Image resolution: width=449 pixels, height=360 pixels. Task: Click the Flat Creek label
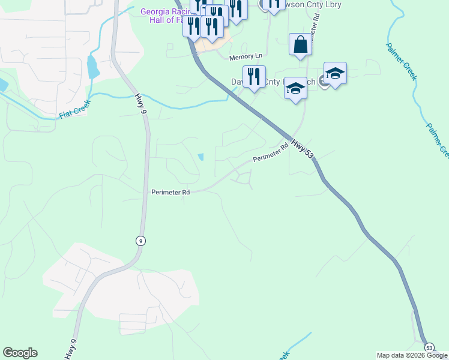(74, 112)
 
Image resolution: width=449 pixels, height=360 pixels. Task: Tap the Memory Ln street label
(246, 56)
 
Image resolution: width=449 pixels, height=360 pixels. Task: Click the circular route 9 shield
(140, 241)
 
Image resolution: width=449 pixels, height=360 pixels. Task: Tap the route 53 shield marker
(429, 347)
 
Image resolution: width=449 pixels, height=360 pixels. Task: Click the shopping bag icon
(300, 45)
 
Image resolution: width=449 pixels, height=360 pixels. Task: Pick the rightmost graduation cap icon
(335, 74)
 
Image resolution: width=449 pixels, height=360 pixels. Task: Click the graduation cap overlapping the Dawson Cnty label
(295, 89)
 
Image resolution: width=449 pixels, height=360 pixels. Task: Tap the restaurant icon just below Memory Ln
(255, 77)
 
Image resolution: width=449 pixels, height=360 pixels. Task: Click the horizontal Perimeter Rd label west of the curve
(170, 193)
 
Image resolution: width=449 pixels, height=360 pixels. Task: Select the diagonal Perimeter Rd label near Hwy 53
(271, 155)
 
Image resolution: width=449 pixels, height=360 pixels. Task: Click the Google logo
(20, 353)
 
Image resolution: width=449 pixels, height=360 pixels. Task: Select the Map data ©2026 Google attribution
(412, 355)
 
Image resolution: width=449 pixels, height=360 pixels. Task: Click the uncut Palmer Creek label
(401, 61)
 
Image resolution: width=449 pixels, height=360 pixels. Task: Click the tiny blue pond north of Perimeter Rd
(200, 157)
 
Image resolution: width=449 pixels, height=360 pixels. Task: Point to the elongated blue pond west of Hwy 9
(93, 67)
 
